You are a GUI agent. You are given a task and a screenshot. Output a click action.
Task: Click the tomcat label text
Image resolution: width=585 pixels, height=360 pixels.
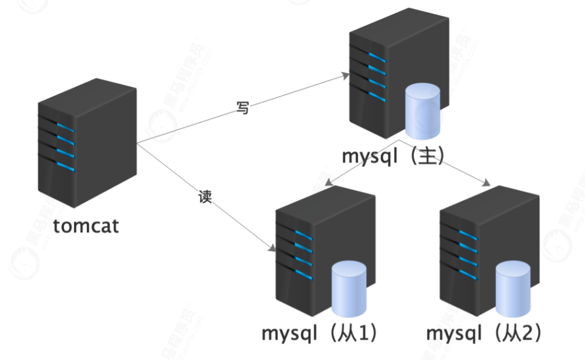pos(86,226)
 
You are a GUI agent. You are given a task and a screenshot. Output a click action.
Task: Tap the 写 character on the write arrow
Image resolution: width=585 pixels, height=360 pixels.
pos(242,108)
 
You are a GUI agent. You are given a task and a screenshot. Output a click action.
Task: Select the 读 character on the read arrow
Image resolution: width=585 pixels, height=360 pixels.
pos(205,197)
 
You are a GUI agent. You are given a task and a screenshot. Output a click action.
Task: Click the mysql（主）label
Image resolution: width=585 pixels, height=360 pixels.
pos(394,157)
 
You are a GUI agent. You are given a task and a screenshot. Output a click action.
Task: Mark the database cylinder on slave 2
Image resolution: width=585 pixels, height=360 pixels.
pos(513,289)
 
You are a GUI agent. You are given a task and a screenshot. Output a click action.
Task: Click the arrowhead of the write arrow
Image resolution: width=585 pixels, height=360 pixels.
pos(346,75)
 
